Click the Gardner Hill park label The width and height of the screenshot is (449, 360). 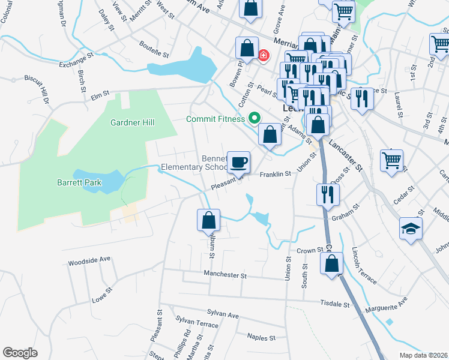pyautogui.click(x=132, y=122)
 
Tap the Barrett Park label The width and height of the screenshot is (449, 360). pyautogui.click(x=79, y=182)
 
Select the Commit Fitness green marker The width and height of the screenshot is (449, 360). pyautogui.click(x=254, y=119)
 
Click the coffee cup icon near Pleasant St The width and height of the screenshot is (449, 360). pyautogui.click(x=239, y=161)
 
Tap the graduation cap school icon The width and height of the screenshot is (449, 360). pyautogui.click(x=411, y=229)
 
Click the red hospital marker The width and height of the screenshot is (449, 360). pyautogui.click(x=263, y=56)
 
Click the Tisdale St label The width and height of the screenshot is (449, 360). pyautogui.click(x=335, y=304)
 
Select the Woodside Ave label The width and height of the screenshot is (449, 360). pyautogui.click(x=89, y=260)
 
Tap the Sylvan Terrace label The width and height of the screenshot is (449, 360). pyautogui.click(x=197, y=324)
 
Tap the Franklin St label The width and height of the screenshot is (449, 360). pyautogui.click(x=275, y=174)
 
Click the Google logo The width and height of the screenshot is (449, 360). pyautogui.click(x=20, y=353)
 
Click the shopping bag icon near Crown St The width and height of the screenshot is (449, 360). pyautogui.click(x=331, y=264)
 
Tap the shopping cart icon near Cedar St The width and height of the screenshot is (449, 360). pyautogui.click(x=391, y=160)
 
